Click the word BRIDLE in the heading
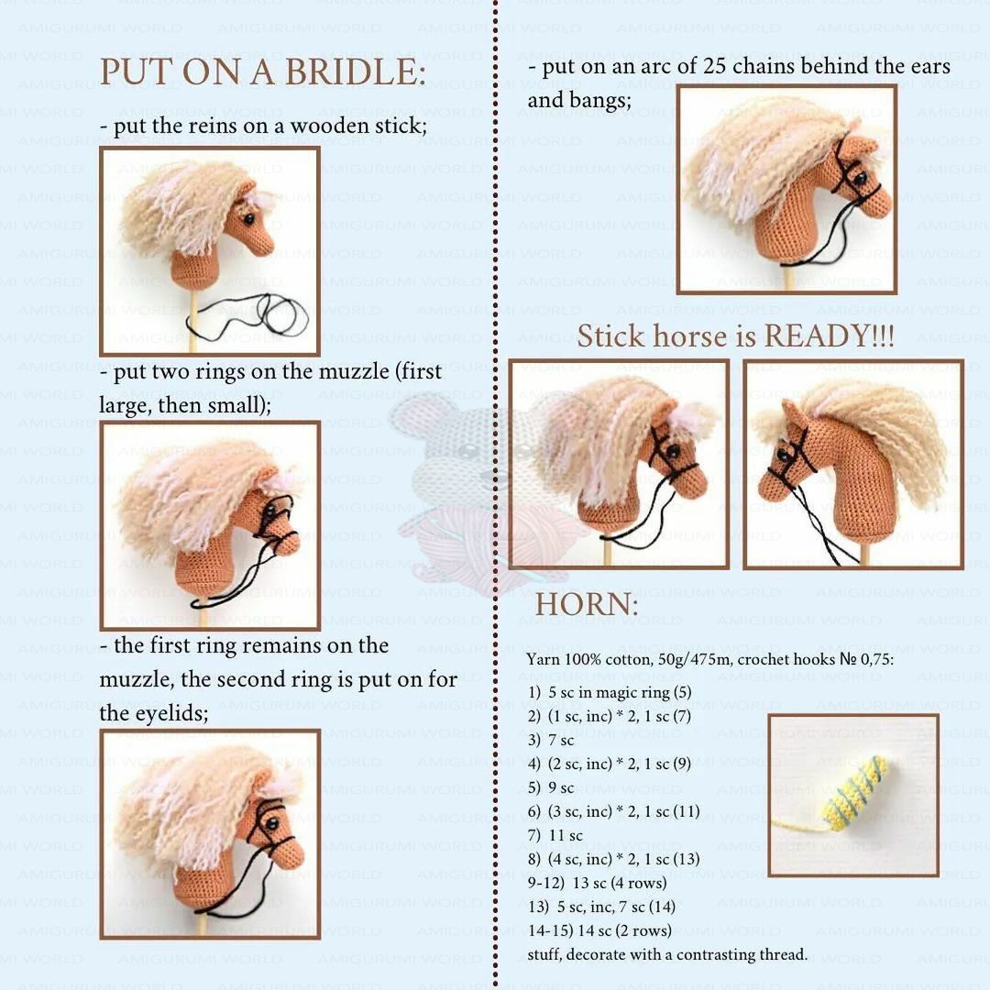point(355,71)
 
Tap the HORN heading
point(587,605)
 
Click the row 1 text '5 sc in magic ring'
point(609,693)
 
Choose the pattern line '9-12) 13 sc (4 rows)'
point(598,883)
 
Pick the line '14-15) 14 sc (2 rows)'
point(599,930)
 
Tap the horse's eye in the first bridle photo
point(249,219)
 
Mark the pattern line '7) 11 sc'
point(555,835)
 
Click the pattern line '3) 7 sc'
point(551,740)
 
